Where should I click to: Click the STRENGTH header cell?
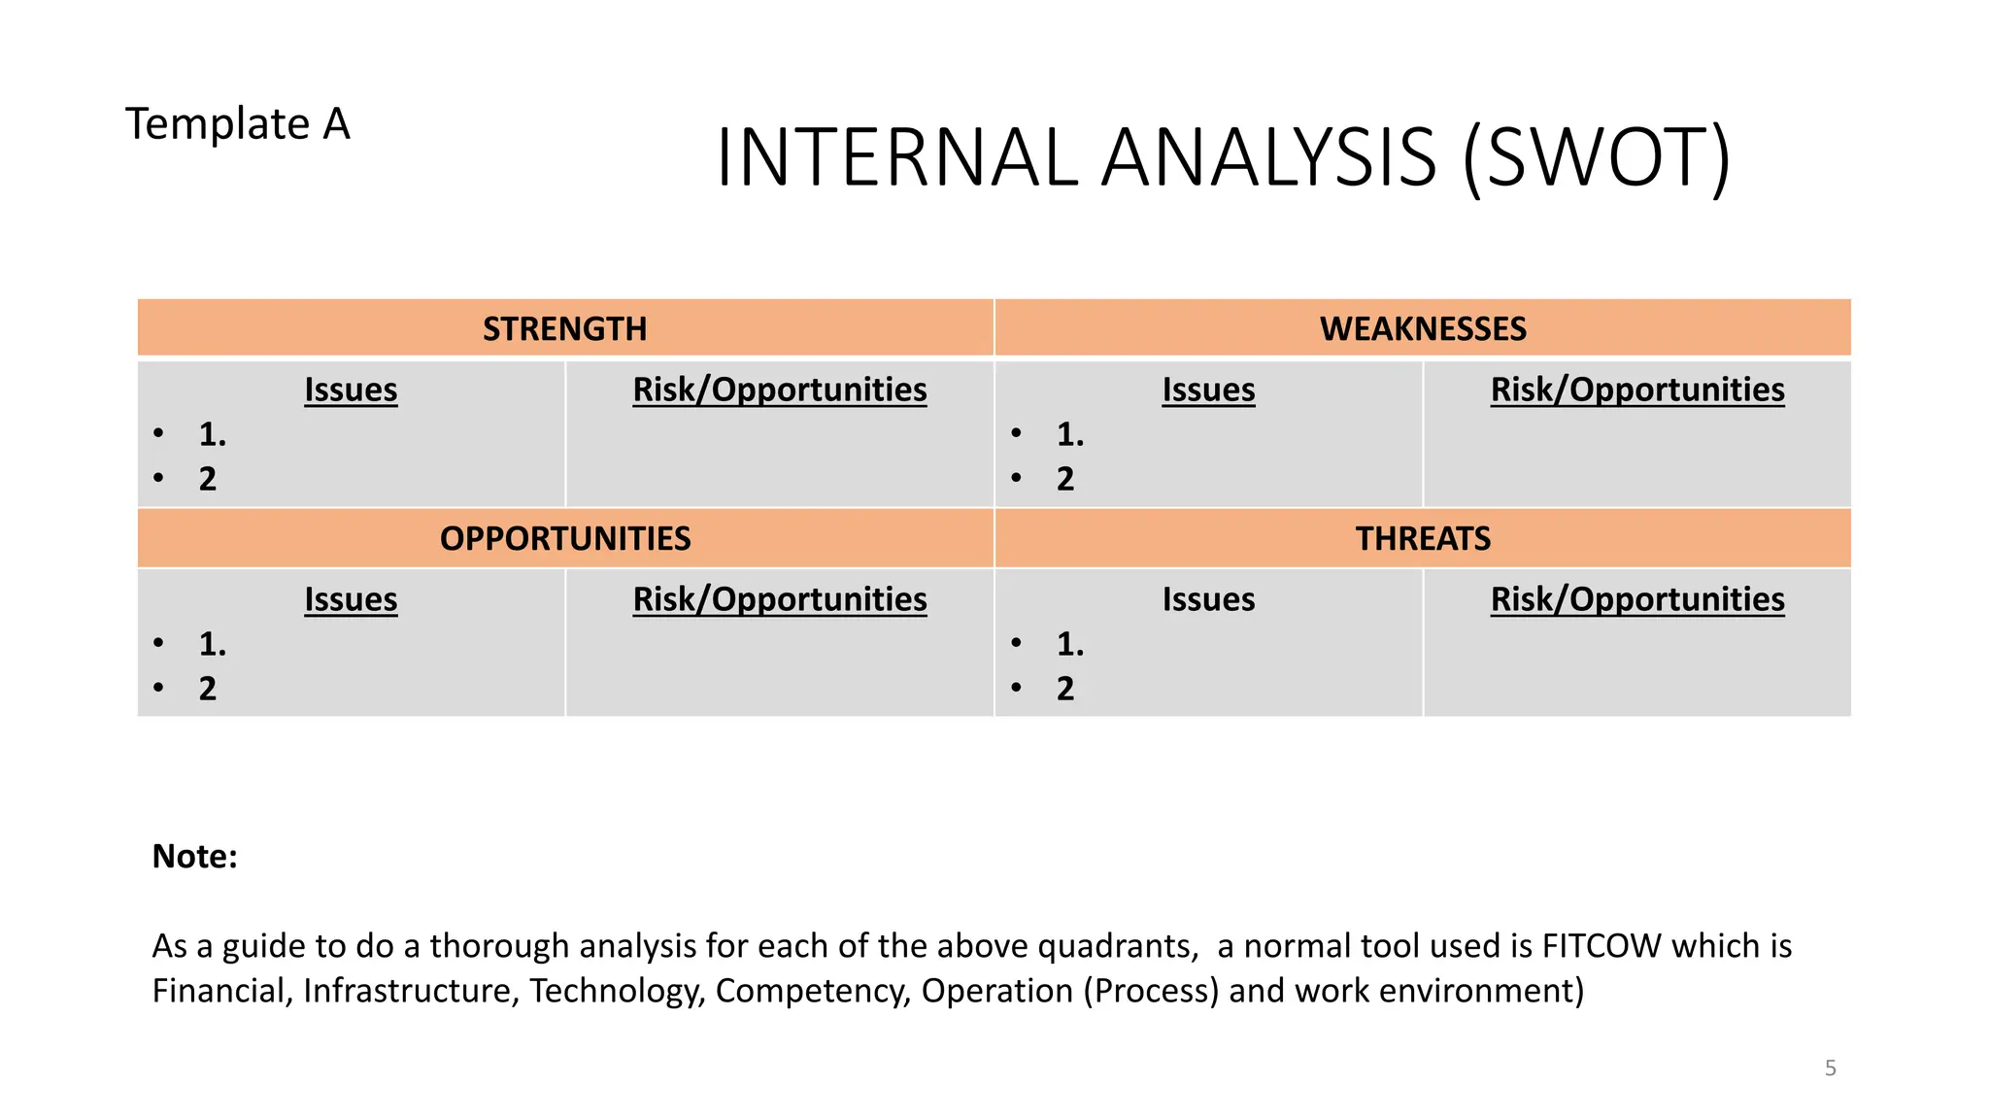coord(564,328)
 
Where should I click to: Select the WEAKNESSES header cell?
coord(1423,328)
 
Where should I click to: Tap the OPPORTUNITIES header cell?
coord(564,538)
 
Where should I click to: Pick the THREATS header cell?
coord(1423,538)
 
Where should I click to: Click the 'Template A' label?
coord(237,124)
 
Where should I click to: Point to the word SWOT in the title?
coord(1597,157)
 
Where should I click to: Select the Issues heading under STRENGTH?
coord(351,390)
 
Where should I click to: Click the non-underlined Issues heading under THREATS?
coord(1208,599)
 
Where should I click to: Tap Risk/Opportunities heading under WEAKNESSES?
coord(1637,390)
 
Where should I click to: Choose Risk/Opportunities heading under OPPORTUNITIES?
coord(780,599)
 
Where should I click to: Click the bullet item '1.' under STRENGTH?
coord(213,434)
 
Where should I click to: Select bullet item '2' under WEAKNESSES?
coord(1065,479)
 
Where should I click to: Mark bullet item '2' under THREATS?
coord(1065,689)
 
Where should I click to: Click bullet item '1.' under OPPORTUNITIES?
coord(213,644)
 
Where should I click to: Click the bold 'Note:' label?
coord(195,857)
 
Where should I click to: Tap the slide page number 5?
coord(1830,1068)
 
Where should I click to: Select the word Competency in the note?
coord(813,991)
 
